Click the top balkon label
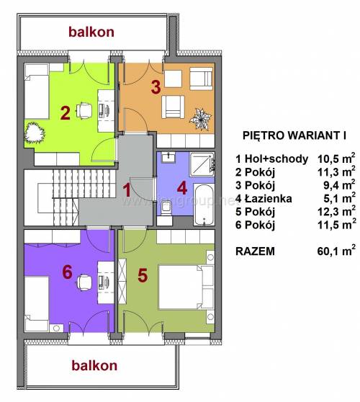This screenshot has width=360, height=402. pyautogui.click(x=91, y=32)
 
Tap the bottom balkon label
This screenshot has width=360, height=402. pyautogui.click(x=94, y=365)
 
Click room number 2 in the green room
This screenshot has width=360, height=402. pyautogui.click(x=66, y=113)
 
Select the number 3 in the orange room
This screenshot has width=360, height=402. pyautogui.click(x=156, y=86)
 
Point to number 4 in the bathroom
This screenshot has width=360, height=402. pyautogui.click(x=182, y=189)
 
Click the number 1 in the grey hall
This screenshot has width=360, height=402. pyautogui.click(x=127, y=190)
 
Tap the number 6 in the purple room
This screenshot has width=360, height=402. pyautogui.click(x=68, y=272)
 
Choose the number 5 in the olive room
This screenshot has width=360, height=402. pyautogui.click(x=143, y=276)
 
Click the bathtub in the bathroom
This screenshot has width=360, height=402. pyautogui.click(x=204, y=205)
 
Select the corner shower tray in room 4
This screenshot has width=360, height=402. pyautogui.click(x=202, y=164)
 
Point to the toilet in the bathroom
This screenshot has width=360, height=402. pyautogui.click(x=166, y=208)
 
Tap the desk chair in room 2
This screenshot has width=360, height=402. pyautogui.click(x=84, y=110)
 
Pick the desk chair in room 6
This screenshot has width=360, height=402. pyautogui.click(x=84, y=282)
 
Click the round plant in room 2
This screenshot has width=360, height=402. pyautogui.click(x=35, y=133)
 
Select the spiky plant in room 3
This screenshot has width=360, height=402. pyautogui.click(x=200, y=119)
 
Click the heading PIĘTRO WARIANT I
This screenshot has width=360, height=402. pyautogui.click(x=294, y=135)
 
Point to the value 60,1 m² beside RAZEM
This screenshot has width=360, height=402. pyautogui.click(x=336, y=251)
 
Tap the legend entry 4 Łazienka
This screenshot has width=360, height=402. pyautogui.click(x=264, y=198)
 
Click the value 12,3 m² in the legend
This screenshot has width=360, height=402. pyautogui.click(x=336, y=211)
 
